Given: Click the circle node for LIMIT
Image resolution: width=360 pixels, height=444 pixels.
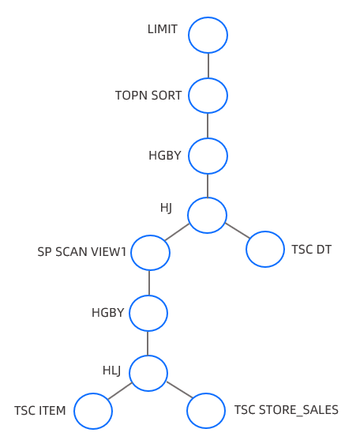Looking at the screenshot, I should click(x=208, y=35).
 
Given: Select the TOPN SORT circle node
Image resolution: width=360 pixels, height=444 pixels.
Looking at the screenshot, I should click(x=208, y=96).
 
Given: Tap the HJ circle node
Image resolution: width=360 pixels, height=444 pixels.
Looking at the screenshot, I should click(x=207, y=215).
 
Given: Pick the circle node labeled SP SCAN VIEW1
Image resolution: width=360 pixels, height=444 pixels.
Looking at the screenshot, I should click(x=150, y=253).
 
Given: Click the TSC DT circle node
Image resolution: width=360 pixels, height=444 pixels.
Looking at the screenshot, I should click(x=265, y=249).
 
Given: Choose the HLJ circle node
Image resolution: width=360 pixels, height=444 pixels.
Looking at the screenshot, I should click(x=148, y=373).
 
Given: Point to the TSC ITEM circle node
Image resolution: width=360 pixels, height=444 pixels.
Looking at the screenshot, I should click(x=93, y=411).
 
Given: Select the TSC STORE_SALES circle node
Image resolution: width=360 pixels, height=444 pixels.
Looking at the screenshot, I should click(x=206, y=411).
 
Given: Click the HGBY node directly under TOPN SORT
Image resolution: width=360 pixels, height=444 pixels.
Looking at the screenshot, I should click(x=208, y=156).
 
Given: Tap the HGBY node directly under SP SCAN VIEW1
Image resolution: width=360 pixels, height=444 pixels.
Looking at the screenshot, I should click(x=148, y=313).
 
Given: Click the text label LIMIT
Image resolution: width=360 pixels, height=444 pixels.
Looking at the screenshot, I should click(x=163, y=30).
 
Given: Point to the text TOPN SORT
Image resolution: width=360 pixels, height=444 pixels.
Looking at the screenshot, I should click(x=148, y=96).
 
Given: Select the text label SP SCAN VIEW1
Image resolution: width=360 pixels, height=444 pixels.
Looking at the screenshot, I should click(x=82, y=252).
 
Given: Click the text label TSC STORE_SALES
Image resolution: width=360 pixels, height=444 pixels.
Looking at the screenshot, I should click(x=286, y=410).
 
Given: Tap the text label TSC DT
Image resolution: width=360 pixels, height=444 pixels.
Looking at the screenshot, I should click(x=311, y=250).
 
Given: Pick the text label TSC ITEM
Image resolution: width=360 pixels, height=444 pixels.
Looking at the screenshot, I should click(x=39, y=411).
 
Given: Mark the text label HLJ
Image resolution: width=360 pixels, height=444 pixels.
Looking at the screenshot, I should click(x=112, y=370).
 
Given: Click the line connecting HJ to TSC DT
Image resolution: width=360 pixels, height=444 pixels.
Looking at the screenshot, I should click(x=237, y=231).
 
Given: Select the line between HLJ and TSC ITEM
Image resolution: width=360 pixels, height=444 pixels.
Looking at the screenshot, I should click(x=120, y=391).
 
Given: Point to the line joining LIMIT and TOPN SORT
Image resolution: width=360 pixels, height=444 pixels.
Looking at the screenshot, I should click(x=208, y=66).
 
